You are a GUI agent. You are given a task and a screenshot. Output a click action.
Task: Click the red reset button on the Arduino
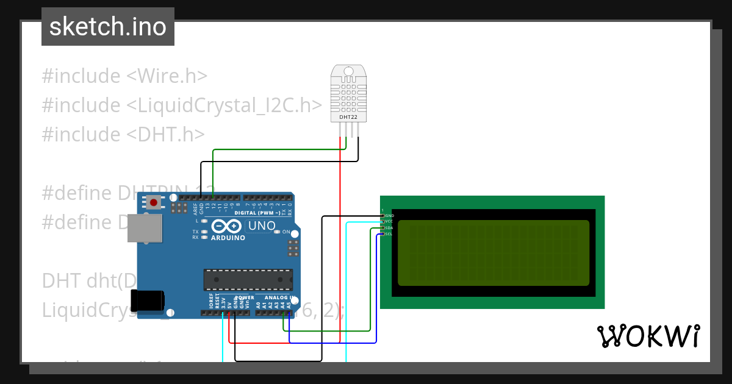tap(154, 202)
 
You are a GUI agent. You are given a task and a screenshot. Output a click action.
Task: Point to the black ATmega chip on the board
tap(248, 279)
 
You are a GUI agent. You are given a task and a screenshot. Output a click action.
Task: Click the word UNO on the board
tap(262, 226)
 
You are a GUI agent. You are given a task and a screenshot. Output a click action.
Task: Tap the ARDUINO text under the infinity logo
tap(228, 238)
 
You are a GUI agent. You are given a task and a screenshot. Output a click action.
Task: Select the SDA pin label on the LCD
tap(389, 228)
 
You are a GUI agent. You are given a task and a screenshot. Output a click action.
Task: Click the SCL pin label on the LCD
tap(389, 234)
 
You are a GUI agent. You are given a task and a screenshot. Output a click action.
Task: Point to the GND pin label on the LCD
tap(389, 216)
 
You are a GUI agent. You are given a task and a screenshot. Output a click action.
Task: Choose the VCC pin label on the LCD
tap(389, 222)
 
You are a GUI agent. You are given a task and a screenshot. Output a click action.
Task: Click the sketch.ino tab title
tap(108, 27)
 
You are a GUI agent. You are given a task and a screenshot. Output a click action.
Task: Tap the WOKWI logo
tap(648, 336)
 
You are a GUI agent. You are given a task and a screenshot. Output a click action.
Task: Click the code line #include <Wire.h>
tap(125, 76)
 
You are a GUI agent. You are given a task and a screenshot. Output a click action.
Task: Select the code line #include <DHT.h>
tap(123, 134)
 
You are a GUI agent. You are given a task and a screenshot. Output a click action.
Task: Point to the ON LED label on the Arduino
tap(285, 232)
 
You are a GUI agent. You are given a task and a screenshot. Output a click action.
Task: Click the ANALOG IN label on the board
tap(279, 298)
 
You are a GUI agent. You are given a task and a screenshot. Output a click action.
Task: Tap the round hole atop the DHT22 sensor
tap(349, 71)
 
